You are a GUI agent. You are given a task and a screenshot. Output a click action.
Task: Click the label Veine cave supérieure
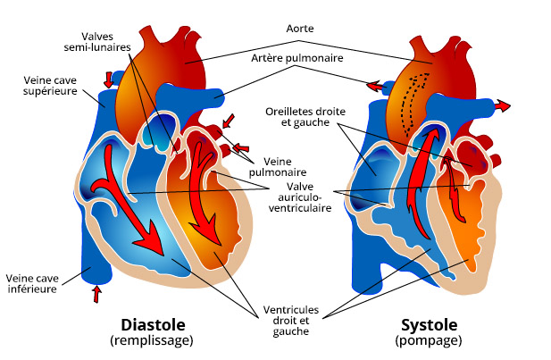coord(49,85)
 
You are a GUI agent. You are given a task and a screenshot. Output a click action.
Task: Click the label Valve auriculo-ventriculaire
coord(299,196)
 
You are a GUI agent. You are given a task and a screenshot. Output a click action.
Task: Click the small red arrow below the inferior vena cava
coord(97,293)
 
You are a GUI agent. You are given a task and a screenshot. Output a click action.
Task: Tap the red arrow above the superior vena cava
coord(109,78)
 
